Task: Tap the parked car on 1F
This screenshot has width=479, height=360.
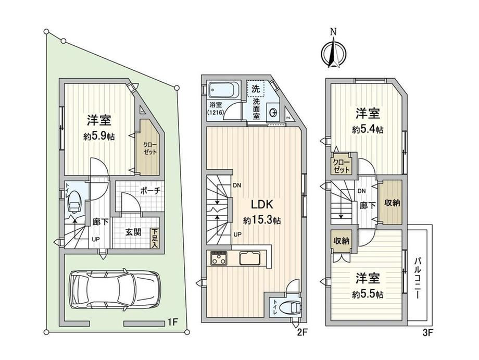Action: click(115, 289)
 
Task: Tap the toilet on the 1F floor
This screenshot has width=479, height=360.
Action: click(74, 202)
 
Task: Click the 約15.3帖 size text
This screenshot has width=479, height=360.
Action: click(262, 220)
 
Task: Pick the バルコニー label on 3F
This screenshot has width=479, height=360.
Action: click(418, 278)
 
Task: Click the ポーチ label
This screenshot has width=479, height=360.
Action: click(150, 191)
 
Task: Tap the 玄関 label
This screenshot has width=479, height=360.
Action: click(133, 232)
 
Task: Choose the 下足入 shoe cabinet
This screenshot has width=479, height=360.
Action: click(154, 239)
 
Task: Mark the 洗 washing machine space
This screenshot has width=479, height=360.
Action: click(256, 89)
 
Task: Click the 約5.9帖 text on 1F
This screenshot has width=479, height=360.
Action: click(99, 136)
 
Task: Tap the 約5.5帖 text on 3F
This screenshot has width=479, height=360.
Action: click(368, 294)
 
